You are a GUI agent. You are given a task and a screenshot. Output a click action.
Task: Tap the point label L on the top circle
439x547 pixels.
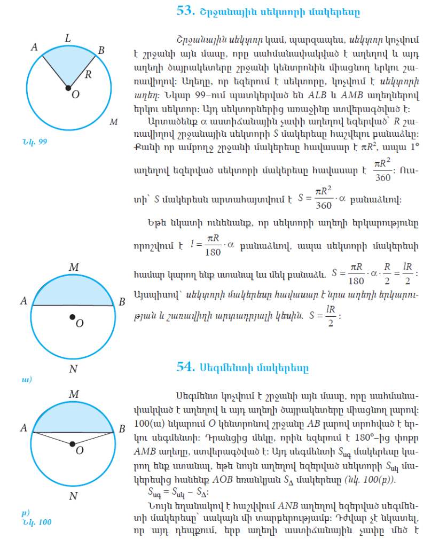click(67, 38)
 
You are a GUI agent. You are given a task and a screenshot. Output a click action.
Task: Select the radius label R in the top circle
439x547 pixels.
click(88, 74)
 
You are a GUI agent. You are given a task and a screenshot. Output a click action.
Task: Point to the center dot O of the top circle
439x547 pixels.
click(68, 88)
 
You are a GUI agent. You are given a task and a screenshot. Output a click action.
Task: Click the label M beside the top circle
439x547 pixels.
click(113, 122)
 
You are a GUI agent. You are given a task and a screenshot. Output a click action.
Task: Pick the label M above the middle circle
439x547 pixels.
click(74, 267)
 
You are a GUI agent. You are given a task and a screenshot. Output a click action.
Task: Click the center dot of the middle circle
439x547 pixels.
click(73, 318)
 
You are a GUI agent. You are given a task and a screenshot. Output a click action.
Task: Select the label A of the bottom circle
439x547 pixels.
click(23, 428)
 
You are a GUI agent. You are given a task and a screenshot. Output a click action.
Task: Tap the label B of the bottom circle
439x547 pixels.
click(122, 428)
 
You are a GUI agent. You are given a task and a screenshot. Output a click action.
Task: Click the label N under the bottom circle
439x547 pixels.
click(73, 496)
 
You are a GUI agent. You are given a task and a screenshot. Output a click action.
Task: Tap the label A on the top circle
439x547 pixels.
click(34, 47)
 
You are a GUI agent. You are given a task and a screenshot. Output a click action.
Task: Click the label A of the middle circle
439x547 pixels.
click(23, 301)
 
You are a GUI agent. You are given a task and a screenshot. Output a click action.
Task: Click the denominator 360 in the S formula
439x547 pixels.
click(324, 205)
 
